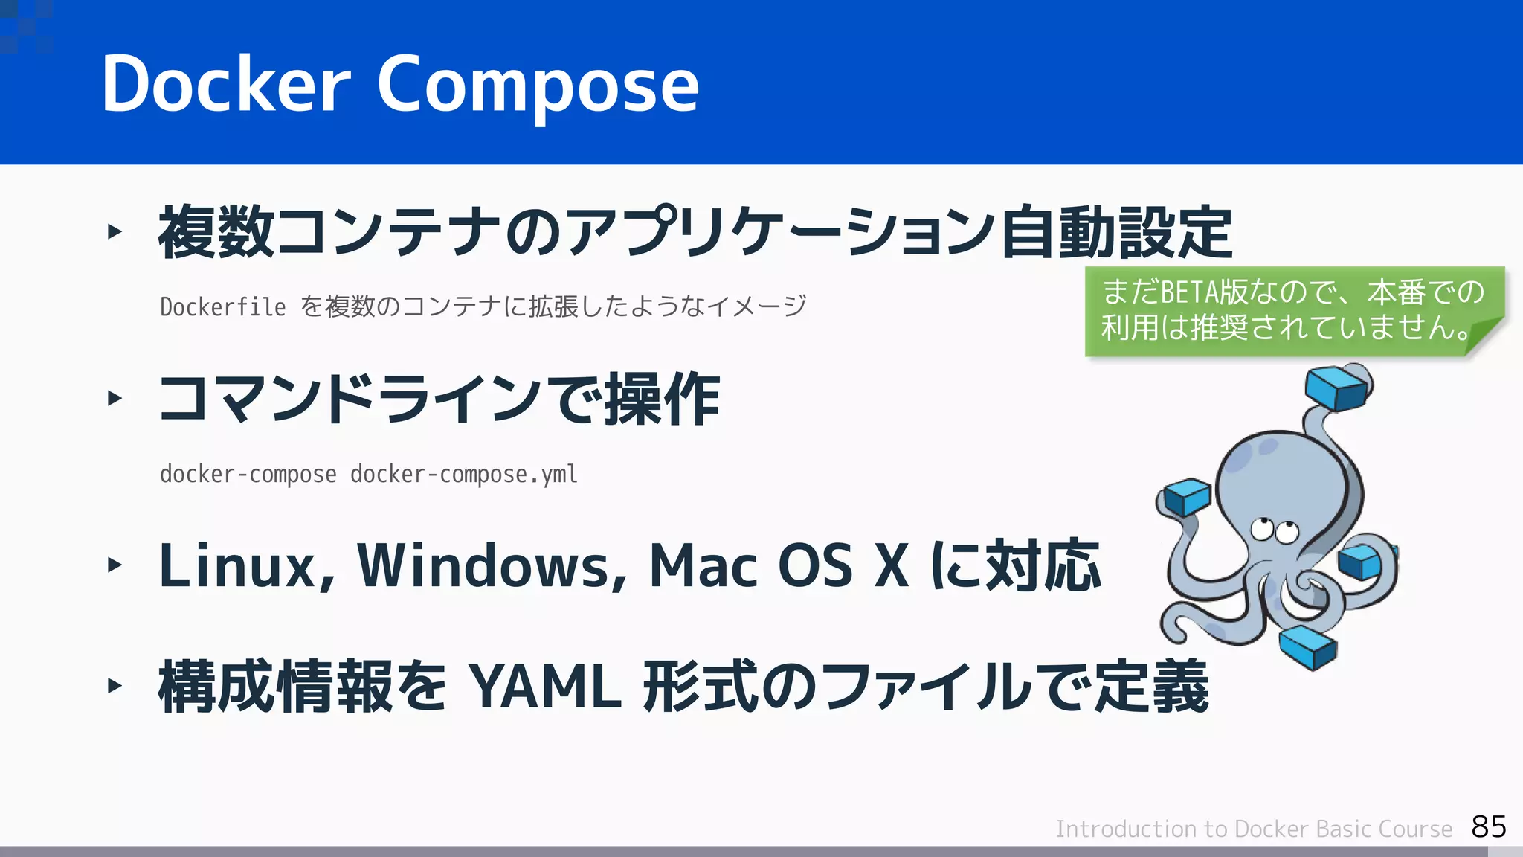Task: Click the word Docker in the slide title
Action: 225,84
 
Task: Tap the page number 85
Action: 1488,826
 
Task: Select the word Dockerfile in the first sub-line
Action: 222,306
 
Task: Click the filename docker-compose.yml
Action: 463,474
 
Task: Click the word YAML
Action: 547,687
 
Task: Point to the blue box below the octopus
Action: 1309,646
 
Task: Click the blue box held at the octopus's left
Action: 1187,496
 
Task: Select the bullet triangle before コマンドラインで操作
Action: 114,398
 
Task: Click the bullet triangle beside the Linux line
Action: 114,565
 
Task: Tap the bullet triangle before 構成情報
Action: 114,685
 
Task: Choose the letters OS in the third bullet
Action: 815,565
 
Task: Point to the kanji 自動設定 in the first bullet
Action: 1116,233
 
